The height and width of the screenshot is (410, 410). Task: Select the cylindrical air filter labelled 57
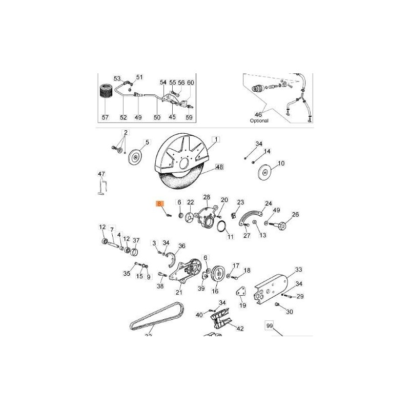(x=105, y=97)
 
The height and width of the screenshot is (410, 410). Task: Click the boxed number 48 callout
(x=219, y=167)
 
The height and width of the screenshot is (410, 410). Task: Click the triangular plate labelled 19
(x=240, y=295)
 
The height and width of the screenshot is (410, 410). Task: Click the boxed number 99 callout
(x=270, y=325)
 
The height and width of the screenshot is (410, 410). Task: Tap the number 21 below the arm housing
(x=179, y=293)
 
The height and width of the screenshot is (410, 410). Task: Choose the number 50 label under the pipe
(x=157, y=117)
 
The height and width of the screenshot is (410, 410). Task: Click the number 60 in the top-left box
(x=190, y=83)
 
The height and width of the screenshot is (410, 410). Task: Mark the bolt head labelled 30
(x=278, y=305)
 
